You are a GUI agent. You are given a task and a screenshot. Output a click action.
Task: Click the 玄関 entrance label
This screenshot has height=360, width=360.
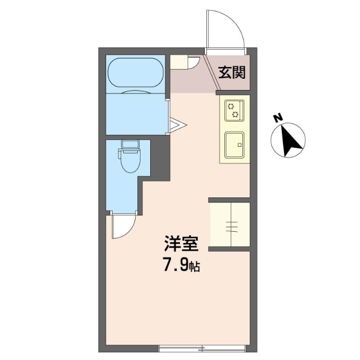231,72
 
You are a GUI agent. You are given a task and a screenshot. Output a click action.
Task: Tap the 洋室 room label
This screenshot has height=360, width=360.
181,245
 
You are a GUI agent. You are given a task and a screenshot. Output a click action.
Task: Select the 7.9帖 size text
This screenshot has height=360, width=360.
181,265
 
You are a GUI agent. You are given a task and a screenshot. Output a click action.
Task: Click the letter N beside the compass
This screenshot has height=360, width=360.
277,118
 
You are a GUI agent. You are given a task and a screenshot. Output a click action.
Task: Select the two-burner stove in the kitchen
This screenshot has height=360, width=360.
234,110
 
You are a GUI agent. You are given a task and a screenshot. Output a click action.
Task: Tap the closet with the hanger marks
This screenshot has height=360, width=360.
229,225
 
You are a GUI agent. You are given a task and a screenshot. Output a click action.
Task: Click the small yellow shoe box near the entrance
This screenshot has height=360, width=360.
179,61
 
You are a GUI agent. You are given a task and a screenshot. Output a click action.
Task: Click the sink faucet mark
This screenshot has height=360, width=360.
240,145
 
